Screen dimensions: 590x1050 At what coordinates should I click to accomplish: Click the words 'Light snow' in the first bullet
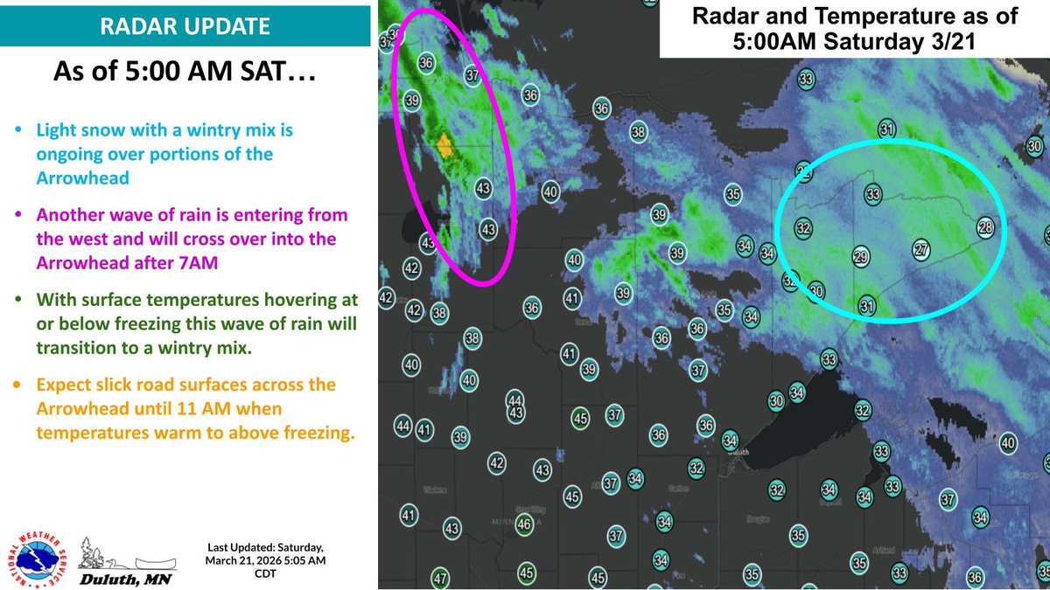[71, 129]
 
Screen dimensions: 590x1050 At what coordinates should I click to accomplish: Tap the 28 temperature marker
[986, 227]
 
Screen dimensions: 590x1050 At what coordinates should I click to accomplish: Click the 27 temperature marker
[921, 248]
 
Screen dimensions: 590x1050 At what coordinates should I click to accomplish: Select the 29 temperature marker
[861, 256]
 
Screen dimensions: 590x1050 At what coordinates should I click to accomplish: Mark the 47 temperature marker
[440, 579]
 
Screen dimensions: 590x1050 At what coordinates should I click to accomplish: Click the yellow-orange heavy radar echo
[444, 145]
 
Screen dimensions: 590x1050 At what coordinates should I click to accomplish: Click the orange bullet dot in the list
[21, 385]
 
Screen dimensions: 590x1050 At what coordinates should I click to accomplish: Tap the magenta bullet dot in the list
[21, 214]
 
